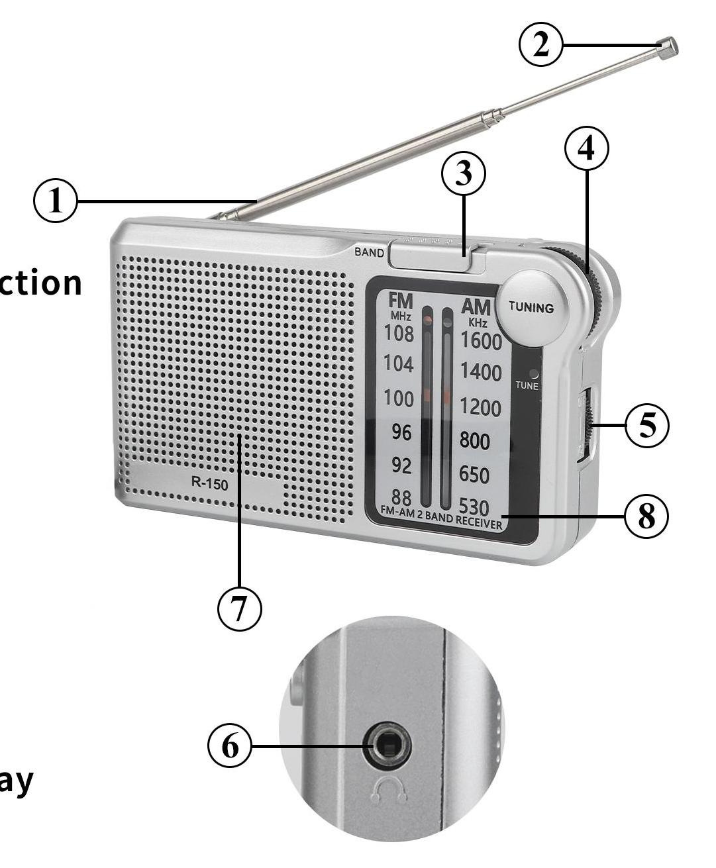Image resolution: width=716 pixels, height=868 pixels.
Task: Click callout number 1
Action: (56, 201)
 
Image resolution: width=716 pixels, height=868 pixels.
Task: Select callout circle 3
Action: (464, 173)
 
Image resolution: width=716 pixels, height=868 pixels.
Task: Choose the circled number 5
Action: (646, 426)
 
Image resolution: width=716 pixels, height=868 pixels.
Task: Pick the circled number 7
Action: (240, 607)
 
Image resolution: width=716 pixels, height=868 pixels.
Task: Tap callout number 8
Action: (646, 516)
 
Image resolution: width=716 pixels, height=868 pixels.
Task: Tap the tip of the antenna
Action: (668, 48)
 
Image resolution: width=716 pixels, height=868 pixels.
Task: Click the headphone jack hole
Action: (387, 746)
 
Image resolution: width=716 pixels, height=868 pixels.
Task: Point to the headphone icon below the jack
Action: (389, 790)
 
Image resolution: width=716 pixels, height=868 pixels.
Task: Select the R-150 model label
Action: (209, 484)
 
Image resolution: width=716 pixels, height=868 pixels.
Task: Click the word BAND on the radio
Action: (369, 252)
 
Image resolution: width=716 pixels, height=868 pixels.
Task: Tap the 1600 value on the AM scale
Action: (482, 340)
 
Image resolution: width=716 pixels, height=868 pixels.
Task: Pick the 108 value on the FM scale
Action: (399, 334)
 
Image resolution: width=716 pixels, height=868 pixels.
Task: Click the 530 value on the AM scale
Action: (474, 506)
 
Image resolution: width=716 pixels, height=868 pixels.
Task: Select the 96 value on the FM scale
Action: (401, 432)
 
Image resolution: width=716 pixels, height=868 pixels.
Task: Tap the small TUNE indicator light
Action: (534, 373)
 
